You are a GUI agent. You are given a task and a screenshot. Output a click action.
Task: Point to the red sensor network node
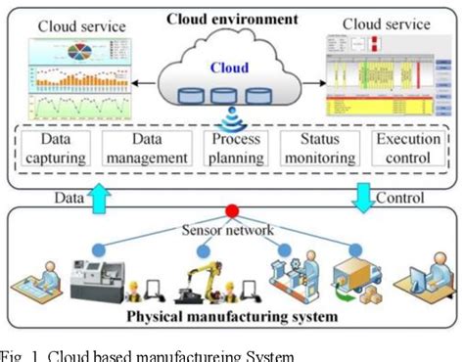(233, 210)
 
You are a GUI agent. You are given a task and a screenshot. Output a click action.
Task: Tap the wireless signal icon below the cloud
(231, 116)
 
